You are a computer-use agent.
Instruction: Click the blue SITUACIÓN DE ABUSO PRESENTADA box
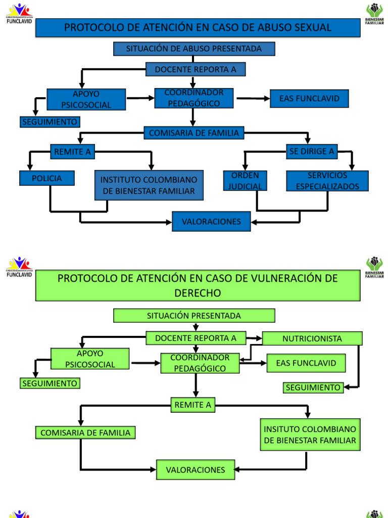pyautogui.click(x=194, y=49)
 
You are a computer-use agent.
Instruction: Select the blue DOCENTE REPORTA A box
pyautogui.click(x=196, y=69)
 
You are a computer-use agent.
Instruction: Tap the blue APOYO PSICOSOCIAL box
pyautogui.click(x=86, y=99)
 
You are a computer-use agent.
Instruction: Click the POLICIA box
pyautogui.click(x=47, y=178)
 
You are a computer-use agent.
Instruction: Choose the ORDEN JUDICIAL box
pyautogui.click(x=245, y=181)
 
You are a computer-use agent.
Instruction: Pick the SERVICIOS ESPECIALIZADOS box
pyautogui.click(x=327, y=181)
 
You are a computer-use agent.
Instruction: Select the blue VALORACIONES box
pyautogui.click(x=211, y=222)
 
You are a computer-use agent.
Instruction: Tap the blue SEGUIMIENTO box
pyautogui.click(x=50, y=122)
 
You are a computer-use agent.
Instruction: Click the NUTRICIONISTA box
pyautogui.click(x=312, y=338)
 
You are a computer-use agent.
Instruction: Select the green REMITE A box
pyautogui.click(x=192, y=405)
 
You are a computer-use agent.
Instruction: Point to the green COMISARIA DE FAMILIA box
pyautogui.click(x=85, y=433)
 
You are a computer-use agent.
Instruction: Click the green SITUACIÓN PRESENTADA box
pyautogui.click(x=194, y=316)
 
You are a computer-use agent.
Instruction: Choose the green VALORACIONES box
pyautogui.click(x=196, y=470)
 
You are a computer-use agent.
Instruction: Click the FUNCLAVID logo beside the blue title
pyautogui.click(x=19, y=14)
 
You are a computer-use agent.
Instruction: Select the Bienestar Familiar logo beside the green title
pyautogui.click(x=374, y=268)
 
